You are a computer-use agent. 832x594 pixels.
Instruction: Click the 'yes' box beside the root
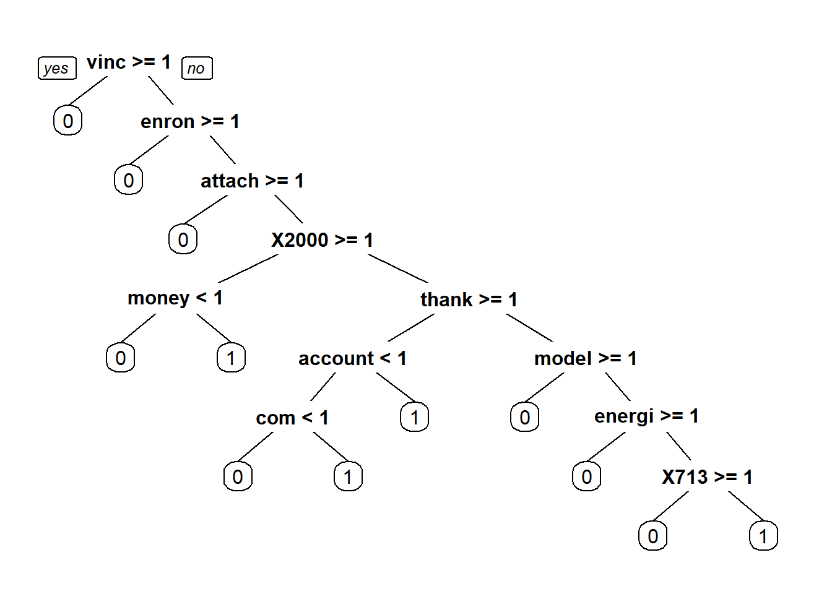click(x=57, y=68)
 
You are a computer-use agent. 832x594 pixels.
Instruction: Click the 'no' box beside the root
click(x=197, y=68)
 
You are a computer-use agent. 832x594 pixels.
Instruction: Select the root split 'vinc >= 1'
click(x=129, y=62)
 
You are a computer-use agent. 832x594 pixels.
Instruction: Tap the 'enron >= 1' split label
click(x=190, y=121)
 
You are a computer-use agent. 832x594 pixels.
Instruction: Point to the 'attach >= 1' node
click(x=252, y=181)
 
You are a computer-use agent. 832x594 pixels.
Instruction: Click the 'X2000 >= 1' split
click(x=322, y=240)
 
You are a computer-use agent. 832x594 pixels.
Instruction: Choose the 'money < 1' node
click(x=175, y=298)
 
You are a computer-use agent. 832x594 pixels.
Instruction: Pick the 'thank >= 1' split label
click(x=469, y=299)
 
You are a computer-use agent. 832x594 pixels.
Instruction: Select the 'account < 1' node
click(x=352, y=358)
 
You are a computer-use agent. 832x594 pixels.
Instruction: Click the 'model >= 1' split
click(x=586, y=358)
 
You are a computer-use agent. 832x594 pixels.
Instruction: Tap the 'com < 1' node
click(x=292, y=418)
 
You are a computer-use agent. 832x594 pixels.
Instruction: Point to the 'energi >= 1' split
click(x=646, y=416)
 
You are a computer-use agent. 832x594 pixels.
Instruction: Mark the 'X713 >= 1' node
click(x=707, y=477)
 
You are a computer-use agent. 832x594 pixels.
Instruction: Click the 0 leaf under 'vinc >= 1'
click(x=67, y=120)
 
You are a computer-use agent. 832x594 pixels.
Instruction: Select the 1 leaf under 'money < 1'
click(x=231, y=358)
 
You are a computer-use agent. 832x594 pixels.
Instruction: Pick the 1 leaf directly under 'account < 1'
click(x=414, y=416)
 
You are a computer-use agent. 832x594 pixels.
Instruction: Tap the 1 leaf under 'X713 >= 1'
click(x=764, y=536)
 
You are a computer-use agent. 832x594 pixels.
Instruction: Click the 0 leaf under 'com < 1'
click(x=238, y=476)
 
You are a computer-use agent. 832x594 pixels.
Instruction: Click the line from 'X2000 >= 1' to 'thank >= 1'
click(x=398, y=269)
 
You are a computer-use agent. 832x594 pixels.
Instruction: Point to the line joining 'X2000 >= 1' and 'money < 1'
click(x=248, y=269)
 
